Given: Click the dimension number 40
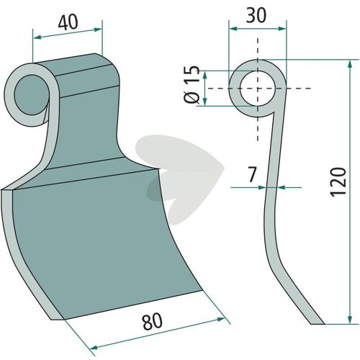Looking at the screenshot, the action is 68,23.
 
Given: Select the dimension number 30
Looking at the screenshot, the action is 256,16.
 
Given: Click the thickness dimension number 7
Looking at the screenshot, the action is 251,175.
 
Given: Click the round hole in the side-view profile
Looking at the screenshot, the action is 258,89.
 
